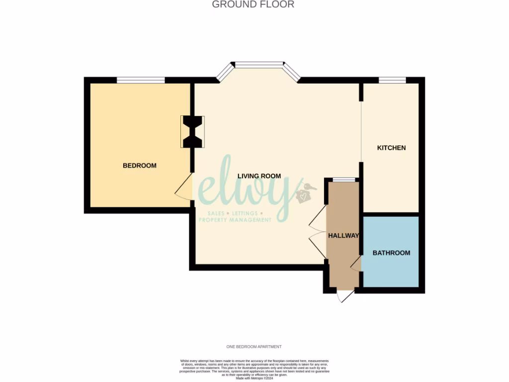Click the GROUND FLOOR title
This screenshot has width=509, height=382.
click(x=253, y=4)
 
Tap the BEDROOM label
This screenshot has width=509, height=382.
click(x=140, y=166)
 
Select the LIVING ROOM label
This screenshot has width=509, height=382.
click(x=259, y=176)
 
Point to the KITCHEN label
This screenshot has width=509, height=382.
click(x=391, y=148)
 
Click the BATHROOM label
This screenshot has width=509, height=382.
click(x=391, y=253)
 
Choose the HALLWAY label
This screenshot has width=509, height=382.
click(x=343, y=236)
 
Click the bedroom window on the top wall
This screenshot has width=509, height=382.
click(x=141, y=80)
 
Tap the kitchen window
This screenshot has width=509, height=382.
click(x=392, y=80)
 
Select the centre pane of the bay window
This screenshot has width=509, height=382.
click(x=259, y=65)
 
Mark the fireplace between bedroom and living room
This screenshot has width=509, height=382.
click(x=192, y=132)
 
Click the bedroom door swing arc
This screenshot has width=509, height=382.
click(x=184, y=188)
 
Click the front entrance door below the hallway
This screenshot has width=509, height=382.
click(x=345, y=295)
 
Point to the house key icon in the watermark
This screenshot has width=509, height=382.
click(x=304, y=194)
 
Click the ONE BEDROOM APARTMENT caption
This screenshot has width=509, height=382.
click(x=254, y=347)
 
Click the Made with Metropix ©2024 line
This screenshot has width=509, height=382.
click(x=254, y=378)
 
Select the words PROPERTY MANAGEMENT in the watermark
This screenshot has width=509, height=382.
click(x=235, y=220)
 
